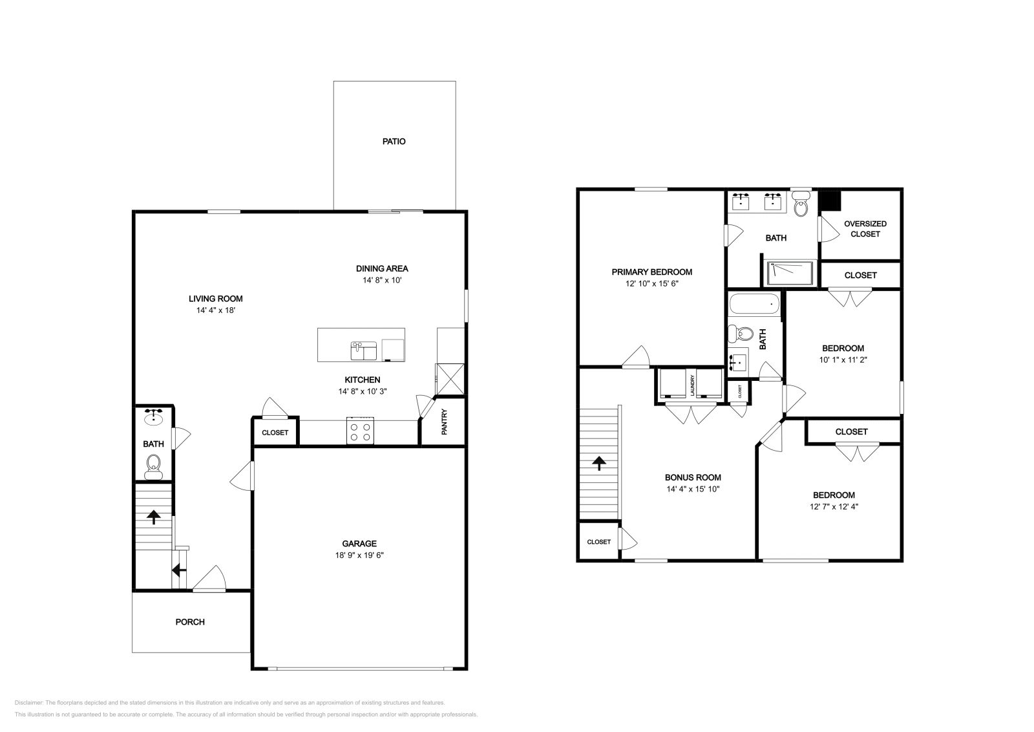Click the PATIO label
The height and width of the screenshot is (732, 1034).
click(x=394, y=141)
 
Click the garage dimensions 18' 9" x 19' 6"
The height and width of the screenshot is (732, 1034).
click(x=359, y=555)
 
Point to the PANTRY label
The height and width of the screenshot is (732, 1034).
click(x=445, y=422)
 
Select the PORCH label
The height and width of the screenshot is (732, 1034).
click(x=190, y=622)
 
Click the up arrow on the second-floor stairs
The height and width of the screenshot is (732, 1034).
click(x=598, y=462)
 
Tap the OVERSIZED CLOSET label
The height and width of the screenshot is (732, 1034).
click(x=865, y=229)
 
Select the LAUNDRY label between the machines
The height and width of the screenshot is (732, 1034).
click(x=691, y=385)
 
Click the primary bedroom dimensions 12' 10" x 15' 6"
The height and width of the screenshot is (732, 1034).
click(x=651, y=283)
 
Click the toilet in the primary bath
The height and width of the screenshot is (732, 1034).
click(x=801, y=206)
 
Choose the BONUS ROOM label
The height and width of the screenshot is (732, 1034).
click(x=693, y=478)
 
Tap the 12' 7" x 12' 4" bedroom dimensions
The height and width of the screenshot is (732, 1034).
click(x=834, y=507)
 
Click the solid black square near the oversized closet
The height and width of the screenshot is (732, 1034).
click(x=829, y=201)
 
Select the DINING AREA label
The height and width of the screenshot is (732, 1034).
click(x=382, y=268)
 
